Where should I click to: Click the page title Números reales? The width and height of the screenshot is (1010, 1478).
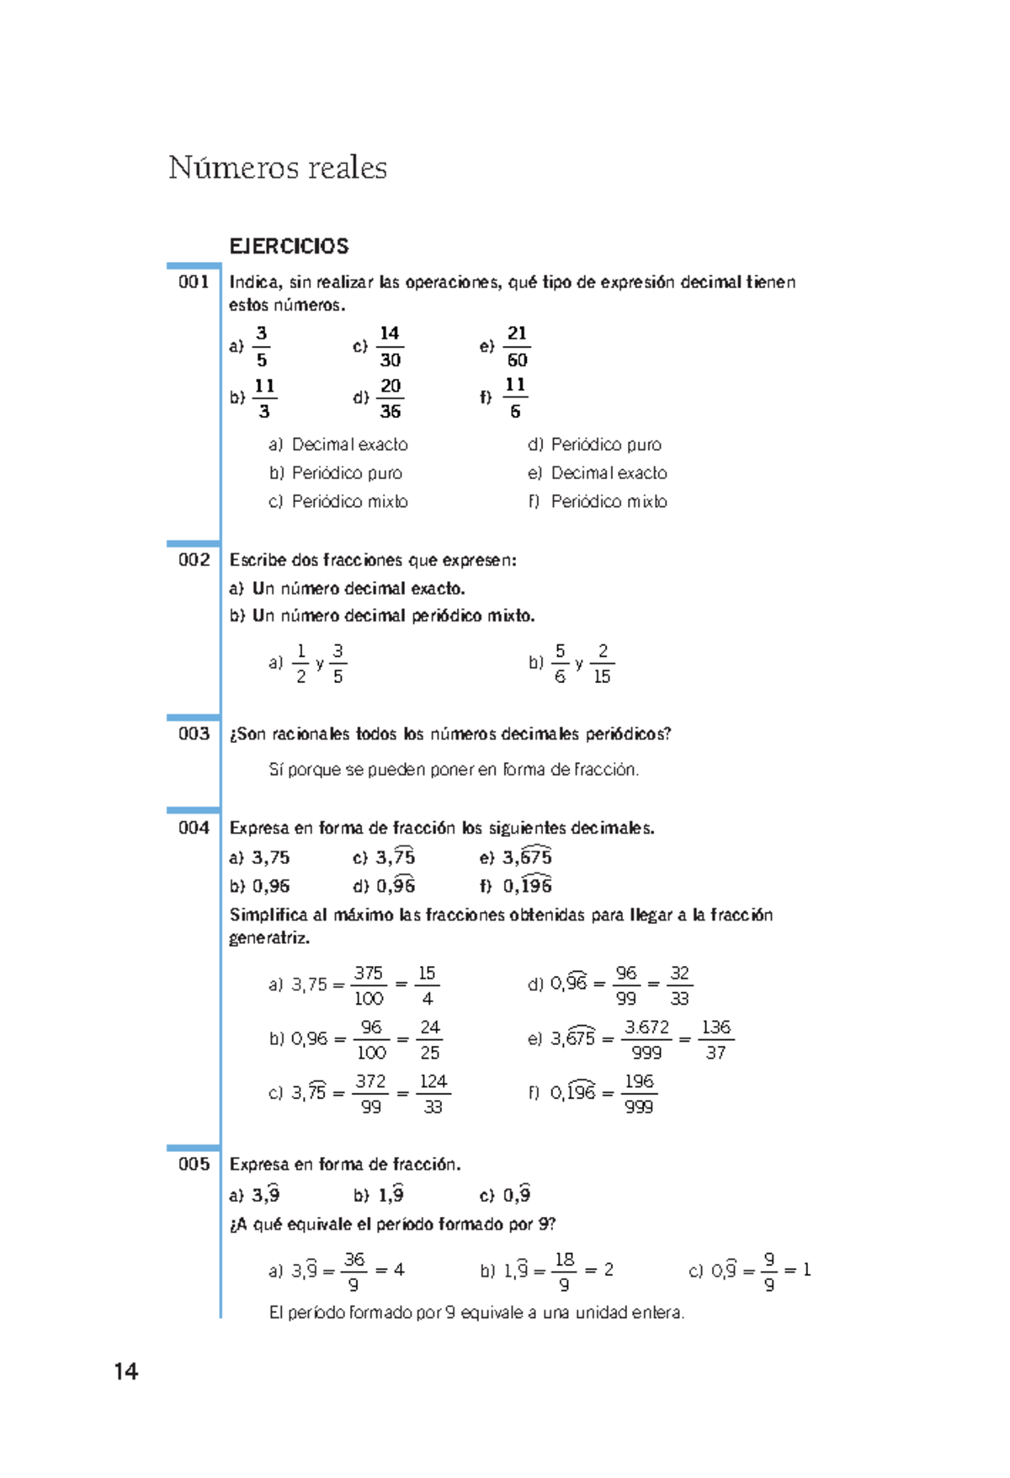pos(277,168)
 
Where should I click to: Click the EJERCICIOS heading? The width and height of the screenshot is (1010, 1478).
pos(289,246)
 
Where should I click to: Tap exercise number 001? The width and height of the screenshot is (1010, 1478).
pos(194,281)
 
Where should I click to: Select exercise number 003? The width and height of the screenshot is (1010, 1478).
pos(194,734)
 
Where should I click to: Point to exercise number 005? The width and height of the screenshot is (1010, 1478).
pos(194,1164)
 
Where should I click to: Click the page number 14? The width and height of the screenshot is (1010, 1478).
pos(126,1372)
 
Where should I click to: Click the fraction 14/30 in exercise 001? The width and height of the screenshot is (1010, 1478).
pos(390,346)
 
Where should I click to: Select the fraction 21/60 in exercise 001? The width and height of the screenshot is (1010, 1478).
pos(517,346)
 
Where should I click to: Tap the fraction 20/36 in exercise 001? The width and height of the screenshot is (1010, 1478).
pos(390,398)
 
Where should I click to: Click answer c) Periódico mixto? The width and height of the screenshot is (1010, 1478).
pos(338,501)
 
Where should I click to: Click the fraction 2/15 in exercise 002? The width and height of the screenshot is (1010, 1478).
pos(602,664)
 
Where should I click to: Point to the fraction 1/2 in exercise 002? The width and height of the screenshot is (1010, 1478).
pos(300,664)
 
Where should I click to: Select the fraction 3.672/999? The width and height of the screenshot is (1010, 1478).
pos(646,1039)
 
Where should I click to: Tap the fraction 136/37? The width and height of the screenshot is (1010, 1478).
pos(715,1039)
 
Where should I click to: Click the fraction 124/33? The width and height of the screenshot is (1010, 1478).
pos(433,1093)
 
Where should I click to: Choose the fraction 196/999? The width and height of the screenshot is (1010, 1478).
pos(639,1093)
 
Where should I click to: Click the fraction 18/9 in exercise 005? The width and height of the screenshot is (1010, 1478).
pos(564,1271)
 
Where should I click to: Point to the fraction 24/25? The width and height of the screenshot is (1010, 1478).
pos(429,1039)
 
